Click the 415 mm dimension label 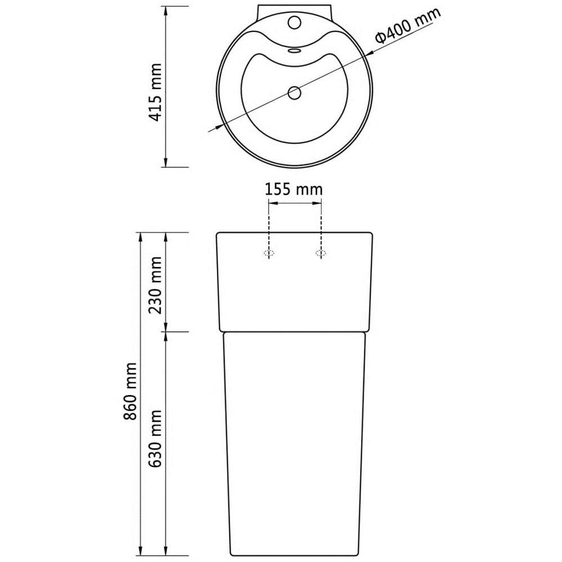pyautogui.click(x=155, y=93)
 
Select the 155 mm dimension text pyautogui.click(x=293, y=189)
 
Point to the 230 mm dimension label pyautogui.click(x=155, y=285)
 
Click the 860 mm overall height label pyautogui.click(x=130, y=391)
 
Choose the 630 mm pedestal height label pyautogui.click(x=155, y=438)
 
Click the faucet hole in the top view pyautogui.click(x=294, y=22)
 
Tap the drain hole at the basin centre pyautogui.click(x=294, y=93)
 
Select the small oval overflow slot pyautogui.click(x=294, y=51)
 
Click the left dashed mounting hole pyautogui.click(x=269, y=253)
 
